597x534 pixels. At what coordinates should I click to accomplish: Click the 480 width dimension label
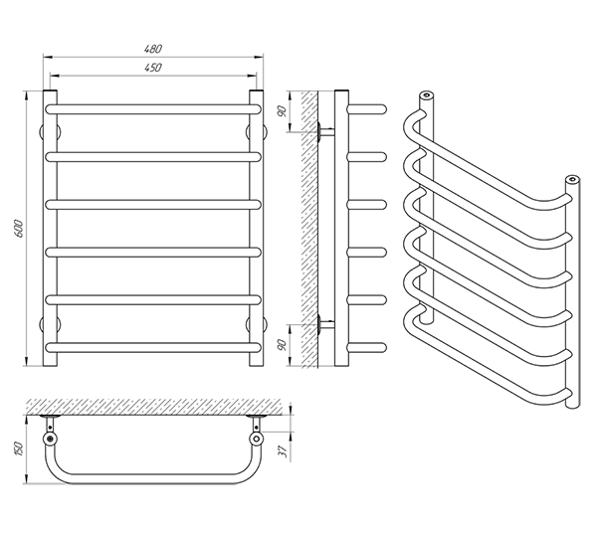pyautogui.click(x=151, y=49)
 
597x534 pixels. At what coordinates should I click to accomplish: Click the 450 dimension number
pyautogui.click(x=151, y=68)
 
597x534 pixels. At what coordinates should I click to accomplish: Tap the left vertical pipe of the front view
pyautogui.click(x=48, y=229)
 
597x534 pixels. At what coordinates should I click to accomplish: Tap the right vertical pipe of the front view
pyautogui.click(x=256, y=229)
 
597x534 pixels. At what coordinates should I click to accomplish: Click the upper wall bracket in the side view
pyautogui.click(x=324, y=130)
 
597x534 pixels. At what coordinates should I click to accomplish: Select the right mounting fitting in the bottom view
pyautogui.click(x=256, y=438)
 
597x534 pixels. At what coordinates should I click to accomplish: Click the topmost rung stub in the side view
pyautogui.click(x=366, y=106)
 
